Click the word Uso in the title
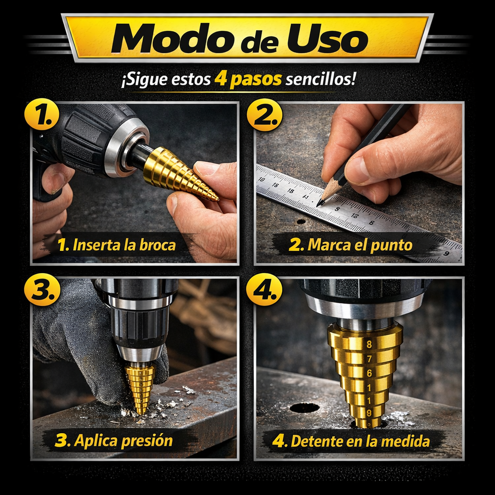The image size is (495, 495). click(x=327, y=39)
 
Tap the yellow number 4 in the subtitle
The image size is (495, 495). click(x=220, y=79)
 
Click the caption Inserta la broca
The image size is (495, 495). click(x=117, y=245)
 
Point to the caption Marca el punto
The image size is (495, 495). click(x=350, y=245)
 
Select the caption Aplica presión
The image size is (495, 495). click(x=114, y=441)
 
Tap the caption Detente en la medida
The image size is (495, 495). click(x=351, y=441)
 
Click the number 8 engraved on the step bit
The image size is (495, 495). click(x=369, y=344)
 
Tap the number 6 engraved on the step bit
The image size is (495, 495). click(x=369, y=373)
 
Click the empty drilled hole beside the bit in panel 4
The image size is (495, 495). click(x=305, y=408)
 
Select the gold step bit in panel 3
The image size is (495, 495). click(x=140, y=388)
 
